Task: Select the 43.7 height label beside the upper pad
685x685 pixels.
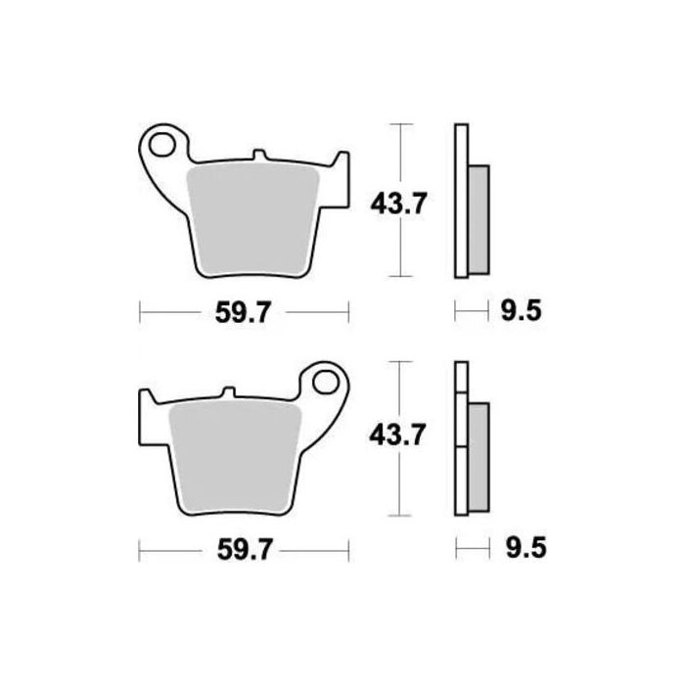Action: tap(396, 204)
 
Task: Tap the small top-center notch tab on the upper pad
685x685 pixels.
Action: tap(258, 156)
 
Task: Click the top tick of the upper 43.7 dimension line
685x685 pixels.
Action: tap(396, 124)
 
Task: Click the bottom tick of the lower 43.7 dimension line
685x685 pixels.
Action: tap(396, 515)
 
